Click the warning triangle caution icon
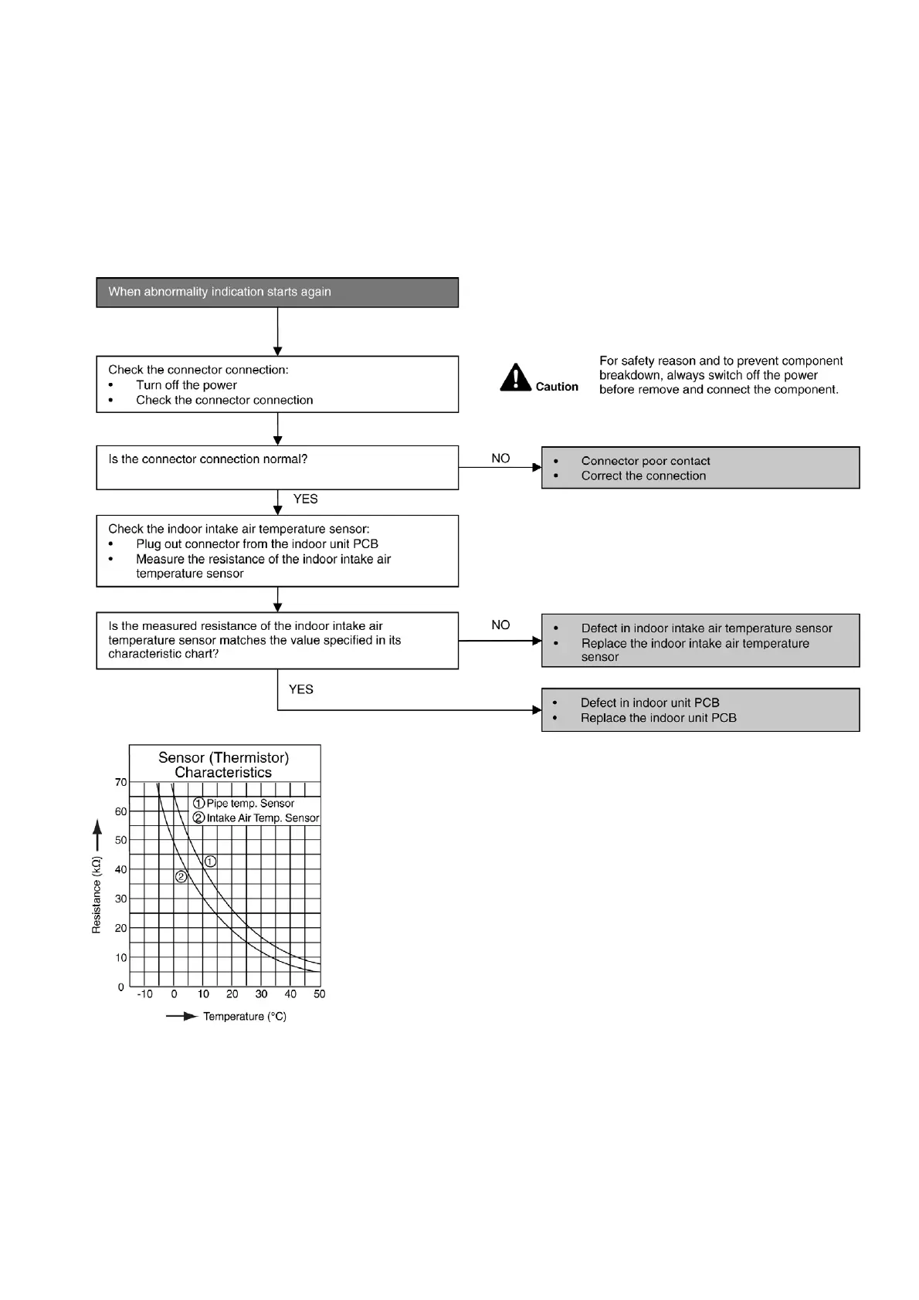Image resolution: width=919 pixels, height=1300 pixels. click(x=515, y=377)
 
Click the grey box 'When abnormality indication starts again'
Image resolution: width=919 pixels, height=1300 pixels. click(x=277, y=293)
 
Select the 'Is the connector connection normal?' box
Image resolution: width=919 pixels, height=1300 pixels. click(x=277, y=467)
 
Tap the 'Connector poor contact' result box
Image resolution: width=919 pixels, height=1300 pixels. click(x=700, y=468)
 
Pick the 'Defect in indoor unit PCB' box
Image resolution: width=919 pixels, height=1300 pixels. click(x=700, y=710)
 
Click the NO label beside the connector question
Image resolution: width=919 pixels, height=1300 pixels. click(x=500, y=459)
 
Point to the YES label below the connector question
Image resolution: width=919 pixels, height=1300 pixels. click(x=305, y=499)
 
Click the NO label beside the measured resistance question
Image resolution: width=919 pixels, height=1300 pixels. click(x=500, y=625)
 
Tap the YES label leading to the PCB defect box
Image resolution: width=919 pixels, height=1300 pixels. click(x=300, y=689)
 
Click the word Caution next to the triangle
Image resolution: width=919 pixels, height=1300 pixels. click(x=557, y=387)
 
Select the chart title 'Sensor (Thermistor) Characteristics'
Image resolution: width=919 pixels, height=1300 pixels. click(x=224, y=765)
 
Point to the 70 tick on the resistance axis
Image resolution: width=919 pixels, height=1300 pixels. click(x=120, y=783)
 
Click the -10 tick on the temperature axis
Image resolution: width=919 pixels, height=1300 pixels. click(x=144, y=994)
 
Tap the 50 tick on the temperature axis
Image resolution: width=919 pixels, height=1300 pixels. click(x=320, y=994)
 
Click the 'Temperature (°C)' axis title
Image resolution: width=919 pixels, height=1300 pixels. click(x=244, y=1017)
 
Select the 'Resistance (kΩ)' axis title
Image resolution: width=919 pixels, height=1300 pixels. click(x=97, y=895)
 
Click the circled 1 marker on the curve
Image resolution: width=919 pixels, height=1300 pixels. click(x=210, y=862)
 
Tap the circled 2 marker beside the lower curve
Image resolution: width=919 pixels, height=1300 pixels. click(x=181, y=877)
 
